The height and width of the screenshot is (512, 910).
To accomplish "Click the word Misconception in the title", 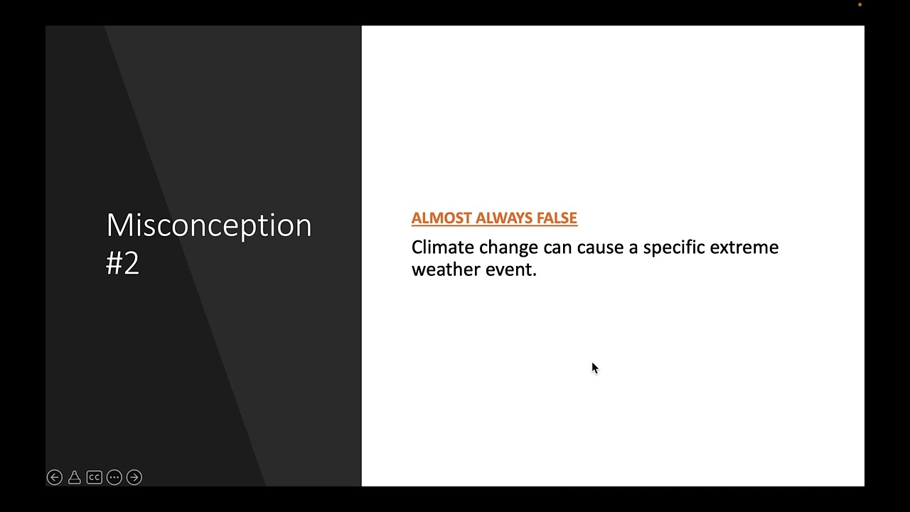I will click(208, 225).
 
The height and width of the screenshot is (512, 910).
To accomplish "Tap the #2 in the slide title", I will click(122, 263).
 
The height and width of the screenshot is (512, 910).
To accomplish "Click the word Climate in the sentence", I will click(442, 247).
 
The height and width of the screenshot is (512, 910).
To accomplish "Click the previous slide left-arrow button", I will click(55, 477).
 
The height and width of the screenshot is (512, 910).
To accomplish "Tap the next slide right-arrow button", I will click(134, 477).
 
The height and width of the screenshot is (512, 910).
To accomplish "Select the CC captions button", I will click(95, 477).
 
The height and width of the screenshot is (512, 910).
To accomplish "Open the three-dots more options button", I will click(114, 477).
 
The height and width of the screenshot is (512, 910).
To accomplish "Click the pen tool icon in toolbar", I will click(75, 477).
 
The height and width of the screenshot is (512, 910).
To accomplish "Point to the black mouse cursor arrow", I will click(594, 368).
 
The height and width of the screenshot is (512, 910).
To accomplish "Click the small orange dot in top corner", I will click(860, 5).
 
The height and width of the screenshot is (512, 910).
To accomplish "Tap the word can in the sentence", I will click(557, 247).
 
